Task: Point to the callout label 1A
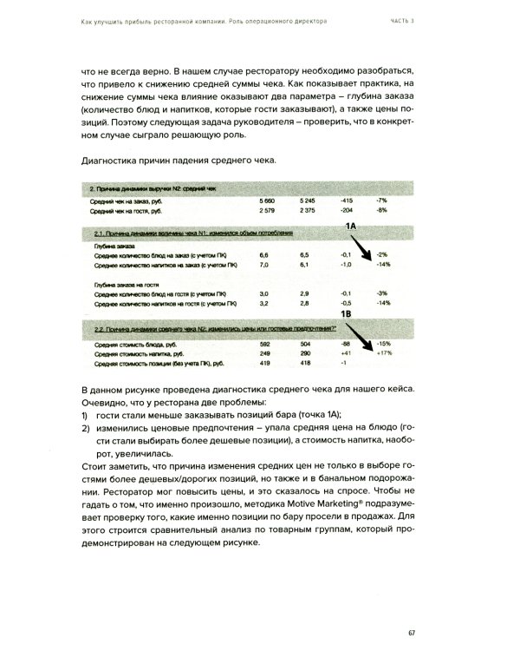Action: pyautogui.click(x=352, y=226)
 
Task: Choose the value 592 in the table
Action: pyautogui.click(x=267, y=345)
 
